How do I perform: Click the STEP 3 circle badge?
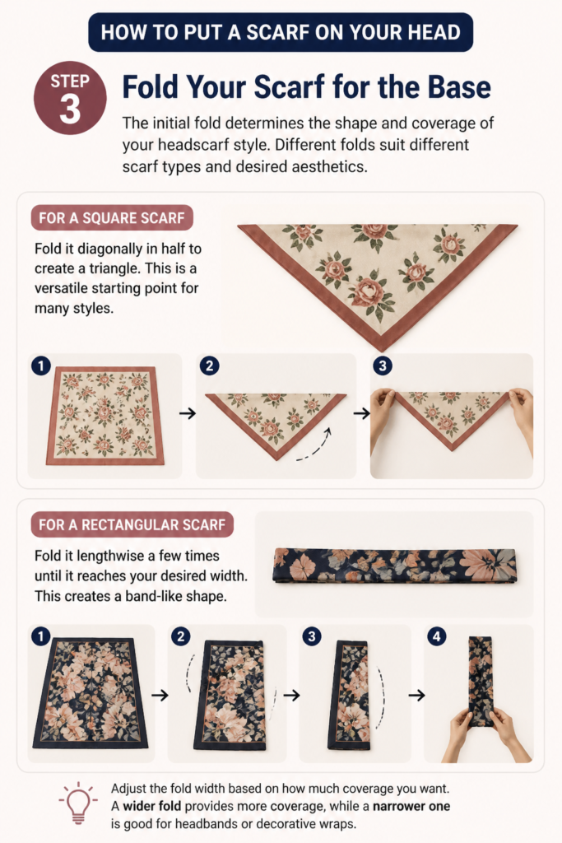coord(70,98)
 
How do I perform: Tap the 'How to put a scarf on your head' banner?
coord(281,32)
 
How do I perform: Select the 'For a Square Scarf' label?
coord(112,217)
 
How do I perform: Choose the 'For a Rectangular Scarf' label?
coord(132,524)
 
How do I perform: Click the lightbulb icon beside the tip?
coord(78,803)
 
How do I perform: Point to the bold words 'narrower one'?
coord(411,807)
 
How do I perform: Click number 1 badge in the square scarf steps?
coord(41,366)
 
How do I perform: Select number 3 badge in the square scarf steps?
coord(383,366)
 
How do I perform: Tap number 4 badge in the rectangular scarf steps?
coord(437,637)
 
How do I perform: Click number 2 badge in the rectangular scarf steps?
coord(180,637)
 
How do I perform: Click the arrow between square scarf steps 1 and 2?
coord(188,413)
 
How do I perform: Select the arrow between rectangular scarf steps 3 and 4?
coord(417,695)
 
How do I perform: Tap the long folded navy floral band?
coord(395,565)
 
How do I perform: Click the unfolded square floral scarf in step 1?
coord(105,415)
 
